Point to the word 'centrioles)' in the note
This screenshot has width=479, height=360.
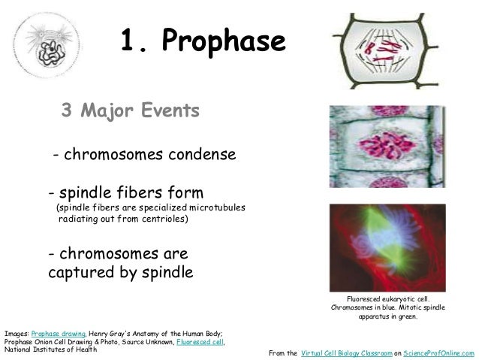164,219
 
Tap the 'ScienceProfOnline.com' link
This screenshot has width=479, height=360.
439,352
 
